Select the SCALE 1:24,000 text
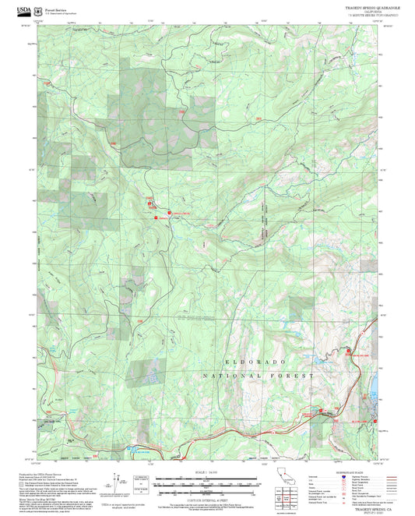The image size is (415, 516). tap(206, 472)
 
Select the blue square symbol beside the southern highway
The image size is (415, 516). tap(129, 449)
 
